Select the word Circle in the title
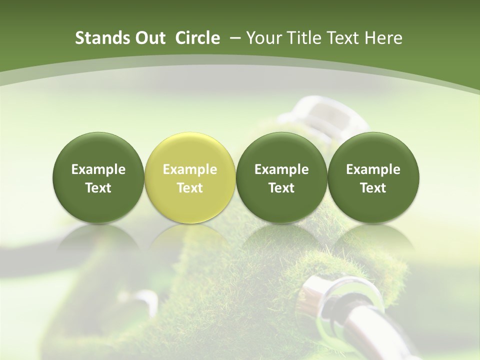197,38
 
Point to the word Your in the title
263,38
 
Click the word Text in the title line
342,38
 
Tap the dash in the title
233,38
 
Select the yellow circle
190,178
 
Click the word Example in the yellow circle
190,169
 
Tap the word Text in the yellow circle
190,188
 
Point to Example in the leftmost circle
98,169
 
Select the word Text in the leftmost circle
98,188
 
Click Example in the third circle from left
281,169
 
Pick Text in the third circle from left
281,188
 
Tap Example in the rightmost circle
373,169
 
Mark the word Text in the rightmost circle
373,188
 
